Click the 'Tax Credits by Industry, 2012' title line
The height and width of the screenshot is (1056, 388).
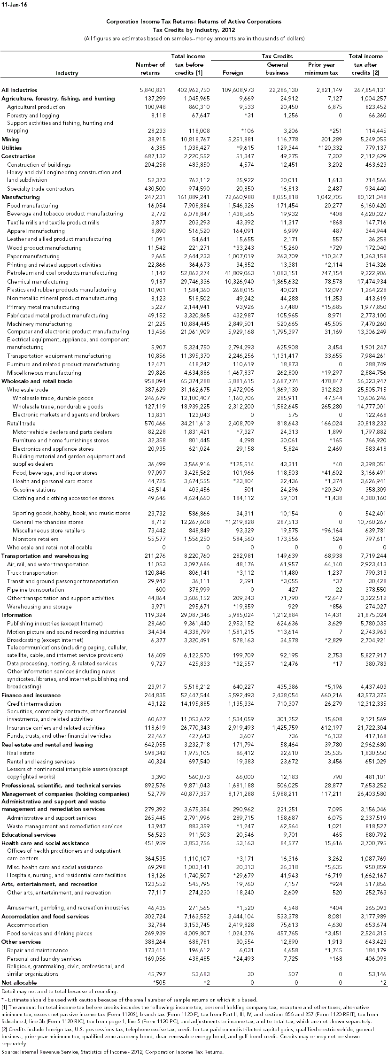pos(194,30)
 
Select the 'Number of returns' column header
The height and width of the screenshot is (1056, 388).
pos(150,69)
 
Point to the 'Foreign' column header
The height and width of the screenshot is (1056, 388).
pos(233,73)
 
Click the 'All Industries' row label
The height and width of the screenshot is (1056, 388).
pos(19,90)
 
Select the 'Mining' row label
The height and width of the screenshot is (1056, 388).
pos(10,139)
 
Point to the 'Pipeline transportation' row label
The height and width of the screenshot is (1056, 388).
pos(36,590)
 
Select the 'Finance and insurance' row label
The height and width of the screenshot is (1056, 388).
pos(31,695)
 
